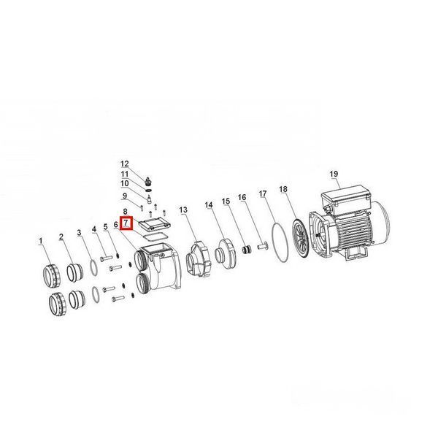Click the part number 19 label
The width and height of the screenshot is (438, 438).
[334, 174]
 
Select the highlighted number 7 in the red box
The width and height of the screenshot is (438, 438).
[126, 223]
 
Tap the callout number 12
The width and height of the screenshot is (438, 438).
[125, 164]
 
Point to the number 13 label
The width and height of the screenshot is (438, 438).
[183, 210]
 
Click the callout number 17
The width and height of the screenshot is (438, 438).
[263, 194]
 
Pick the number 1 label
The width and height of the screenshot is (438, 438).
[41, 241]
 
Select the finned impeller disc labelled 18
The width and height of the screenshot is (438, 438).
[300, 241]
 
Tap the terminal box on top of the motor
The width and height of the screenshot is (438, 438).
[346, 197]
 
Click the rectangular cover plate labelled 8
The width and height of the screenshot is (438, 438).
[155, 224]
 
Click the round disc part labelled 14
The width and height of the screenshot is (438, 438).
[225, 253]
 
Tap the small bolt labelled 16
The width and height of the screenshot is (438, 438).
[261, 247]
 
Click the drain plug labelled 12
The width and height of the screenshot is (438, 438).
[149, 180]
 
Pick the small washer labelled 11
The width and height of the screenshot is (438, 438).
[149, 191]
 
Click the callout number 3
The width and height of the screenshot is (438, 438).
[80, 233]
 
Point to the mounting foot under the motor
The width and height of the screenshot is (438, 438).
[356, 253]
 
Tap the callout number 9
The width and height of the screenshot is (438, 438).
[125, 196]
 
